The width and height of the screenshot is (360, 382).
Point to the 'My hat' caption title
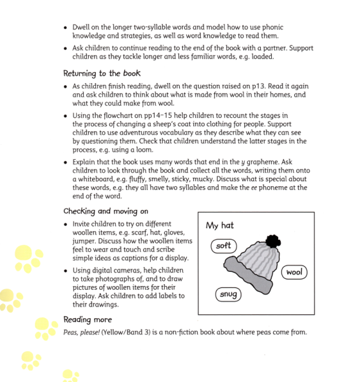click(x=220, y=226)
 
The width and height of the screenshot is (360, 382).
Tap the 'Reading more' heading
click(x=88, y=319)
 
